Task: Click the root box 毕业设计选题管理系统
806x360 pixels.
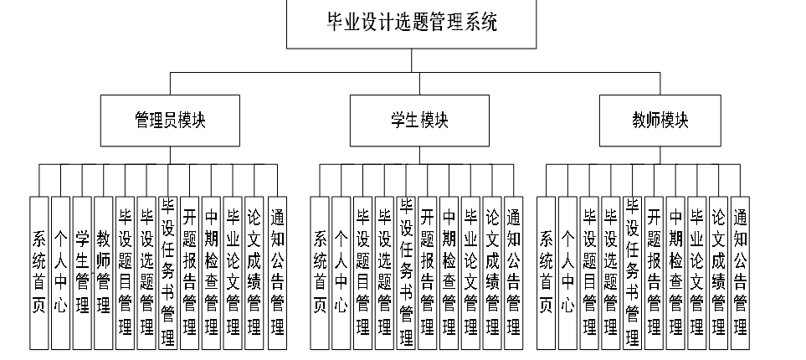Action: pos(411,24)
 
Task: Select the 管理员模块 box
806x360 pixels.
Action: pos(170,120)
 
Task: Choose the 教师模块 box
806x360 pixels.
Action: pos(660,120)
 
